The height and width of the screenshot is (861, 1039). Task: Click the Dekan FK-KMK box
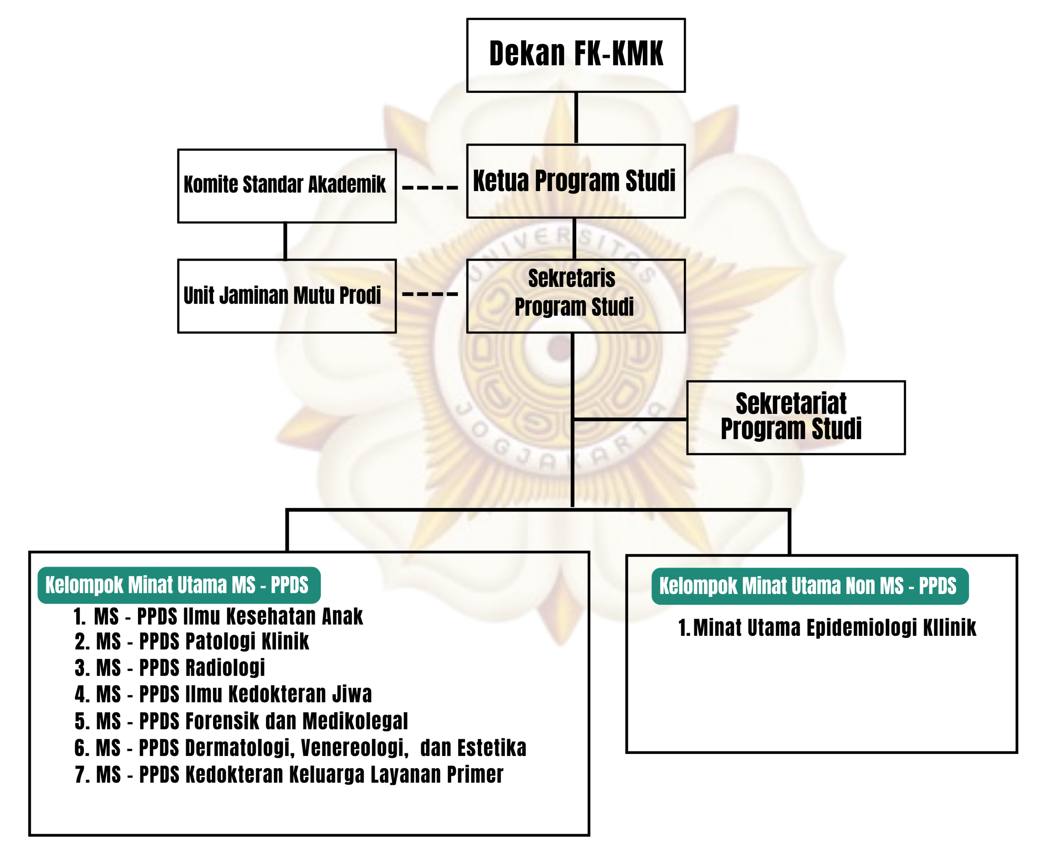pyautogui.click(x=576, y=55)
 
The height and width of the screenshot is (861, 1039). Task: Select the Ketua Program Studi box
pyautogui.click(x=576, y=181)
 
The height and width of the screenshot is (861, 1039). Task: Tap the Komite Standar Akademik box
pyautogui.click(x=287, y=185)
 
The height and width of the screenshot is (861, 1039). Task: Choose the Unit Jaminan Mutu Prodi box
pyautogui.click(x=287, y=296)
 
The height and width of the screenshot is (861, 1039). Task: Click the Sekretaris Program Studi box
pyautogui.click(x=576, y=296)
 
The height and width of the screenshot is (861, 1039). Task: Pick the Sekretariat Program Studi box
pyautogui.click(x=795, y=418)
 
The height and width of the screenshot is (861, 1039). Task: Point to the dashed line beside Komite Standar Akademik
pyautogui.click(x=430, y=188)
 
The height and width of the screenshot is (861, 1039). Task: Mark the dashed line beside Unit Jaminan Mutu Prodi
pyautogui.click(x=430, y=294)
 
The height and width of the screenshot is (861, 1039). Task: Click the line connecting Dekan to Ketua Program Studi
pyautogui.click(x=576, y=118)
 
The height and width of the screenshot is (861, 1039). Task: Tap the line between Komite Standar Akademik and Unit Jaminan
pyautogui.click(x=285, y=241)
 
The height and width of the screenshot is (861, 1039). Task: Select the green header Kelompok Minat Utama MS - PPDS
pyautogui.click(x=179, y=585)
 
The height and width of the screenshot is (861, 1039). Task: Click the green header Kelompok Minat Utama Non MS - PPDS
pyautogui.click(x=809, y=586)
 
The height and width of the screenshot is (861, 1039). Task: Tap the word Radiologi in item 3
pyautogui.click(x=225, y=667)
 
